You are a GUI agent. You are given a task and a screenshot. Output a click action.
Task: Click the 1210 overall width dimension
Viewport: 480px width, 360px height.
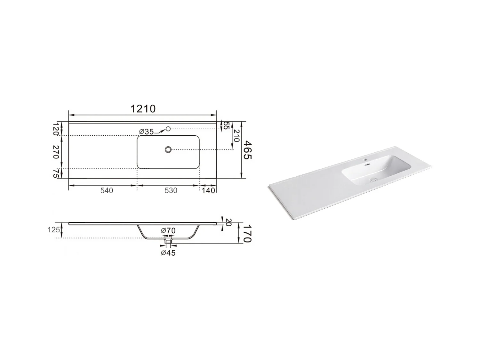point(143,109)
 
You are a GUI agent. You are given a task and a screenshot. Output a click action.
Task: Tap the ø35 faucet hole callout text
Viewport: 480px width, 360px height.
point(147,132)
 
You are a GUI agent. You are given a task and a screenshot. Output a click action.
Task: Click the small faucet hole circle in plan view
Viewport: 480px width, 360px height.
point(168,129)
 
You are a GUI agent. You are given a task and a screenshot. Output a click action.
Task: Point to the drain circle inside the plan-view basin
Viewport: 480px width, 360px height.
point(168,149)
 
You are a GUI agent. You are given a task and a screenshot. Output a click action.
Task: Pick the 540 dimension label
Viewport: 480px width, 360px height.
point(107,191)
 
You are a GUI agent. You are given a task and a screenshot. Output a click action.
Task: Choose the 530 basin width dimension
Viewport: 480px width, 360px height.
point(171,191)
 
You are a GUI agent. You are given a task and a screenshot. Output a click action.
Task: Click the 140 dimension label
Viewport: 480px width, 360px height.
point(208,191)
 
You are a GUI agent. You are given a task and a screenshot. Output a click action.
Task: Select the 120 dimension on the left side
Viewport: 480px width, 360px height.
point(56,129)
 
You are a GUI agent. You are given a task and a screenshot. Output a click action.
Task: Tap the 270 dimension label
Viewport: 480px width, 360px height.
point(56,152)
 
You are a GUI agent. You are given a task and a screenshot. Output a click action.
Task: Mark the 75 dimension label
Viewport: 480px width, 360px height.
point(56,173)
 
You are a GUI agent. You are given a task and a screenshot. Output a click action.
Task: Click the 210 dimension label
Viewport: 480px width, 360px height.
point(237,136)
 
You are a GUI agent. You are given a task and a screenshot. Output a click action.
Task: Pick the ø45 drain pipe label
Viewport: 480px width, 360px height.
point(168,253)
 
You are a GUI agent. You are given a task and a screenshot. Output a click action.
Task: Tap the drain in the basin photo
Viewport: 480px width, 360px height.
point(372,180)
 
